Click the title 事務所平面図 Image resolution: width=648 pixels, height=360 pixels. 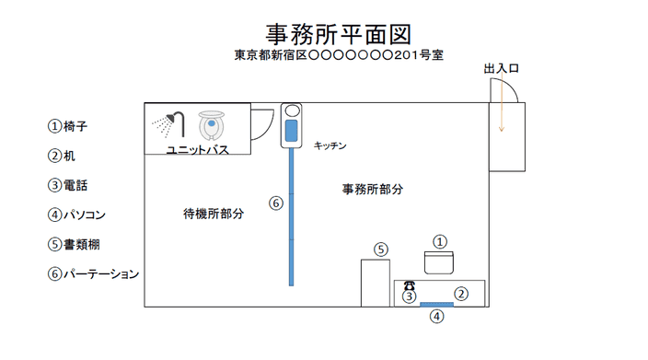[339, 34]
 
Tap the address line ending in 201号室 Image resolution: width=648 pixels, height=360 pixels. [339, 55]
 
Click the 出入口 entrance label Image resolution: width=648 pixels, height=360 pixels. [502, 69]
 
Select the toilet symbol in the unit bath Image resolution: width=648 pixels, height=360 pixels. [211, 125]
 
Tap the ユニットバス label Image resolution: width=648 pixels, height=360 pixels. [197, 150]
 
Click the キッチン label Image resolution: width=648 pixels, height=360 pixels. [330, 145]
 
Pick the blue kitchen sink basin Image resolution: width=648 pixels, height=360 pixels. [292, 131]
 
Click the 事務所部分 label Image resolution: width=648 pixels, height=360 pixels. [373, 190]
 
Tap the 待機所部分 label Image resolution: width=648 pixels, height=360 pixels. [214, 214]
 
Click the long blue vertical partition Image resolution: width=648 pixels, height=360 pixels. [292, 217]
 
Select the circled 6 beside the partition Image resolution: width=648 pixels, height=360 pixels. [276, 203]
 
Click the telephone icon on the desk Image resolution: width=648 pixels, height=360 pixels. [409, 285]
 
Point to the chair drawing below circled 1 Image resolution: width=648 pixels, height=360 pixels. [439, 262]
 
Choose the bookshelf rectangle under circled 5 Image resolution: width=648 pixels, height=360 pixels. [376, 284]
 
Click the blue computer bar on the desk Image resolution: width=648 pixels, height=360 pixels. [436, 305]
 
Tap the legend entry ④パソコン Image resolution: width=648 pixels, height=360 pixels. [77, 215]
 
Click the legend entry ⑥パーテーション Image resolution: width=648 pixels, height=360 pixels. [93, 273]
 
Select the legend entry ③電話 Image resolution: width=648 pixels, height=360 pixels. [68, 185]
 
